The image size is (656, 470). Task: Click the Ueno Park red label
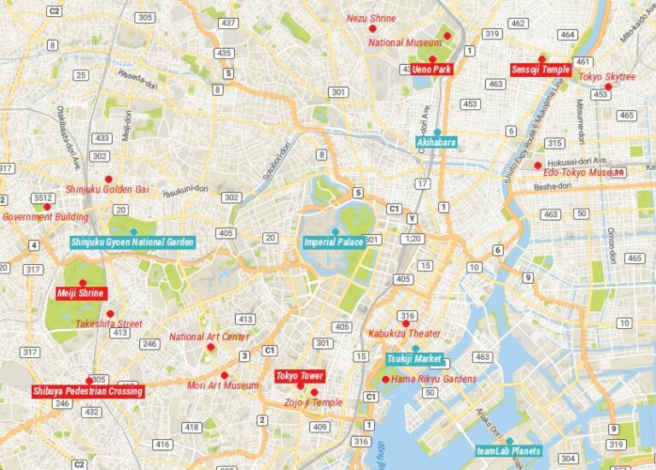tap(432, 69)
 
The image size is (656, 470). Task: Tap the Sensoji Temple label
tap(541, 69)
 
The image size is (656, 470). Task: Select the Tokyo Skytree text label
tap(607, 77)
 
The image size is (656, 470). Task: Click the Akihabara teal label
tap(436, 142)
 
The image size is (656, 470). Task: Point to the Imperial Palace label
tap(334, 242)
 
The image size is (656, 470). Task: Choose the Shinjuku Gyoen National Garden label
tap(132, 242)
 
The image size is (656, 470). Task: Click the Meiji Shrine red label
tap(80, 293)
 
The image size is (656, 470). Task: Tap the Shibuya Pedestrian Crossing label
tap(87, 391)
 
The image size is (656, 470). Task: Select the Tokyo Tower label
tap(299, 376)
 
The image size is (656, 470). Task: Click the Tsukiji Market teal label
tap(414, 358)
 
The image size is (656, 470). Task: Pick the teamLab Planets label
tap(508, 450)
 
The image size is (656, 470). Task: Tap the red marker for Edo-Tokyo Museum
tap(537, 166)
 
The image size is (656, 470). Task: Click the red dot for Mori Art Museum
tap(225, 375)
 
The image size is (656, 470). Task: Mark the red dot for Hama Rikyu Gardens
tap(386, 379)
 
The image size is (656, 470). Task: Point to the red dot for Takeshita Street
tap(109, 314)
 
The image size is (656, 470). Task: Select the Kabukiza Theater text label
tap(404, 334)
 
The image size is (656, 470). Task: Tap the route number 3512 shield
tap(43, 197)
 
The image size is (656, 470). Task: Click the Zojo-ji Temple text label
tap(313, 402)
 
